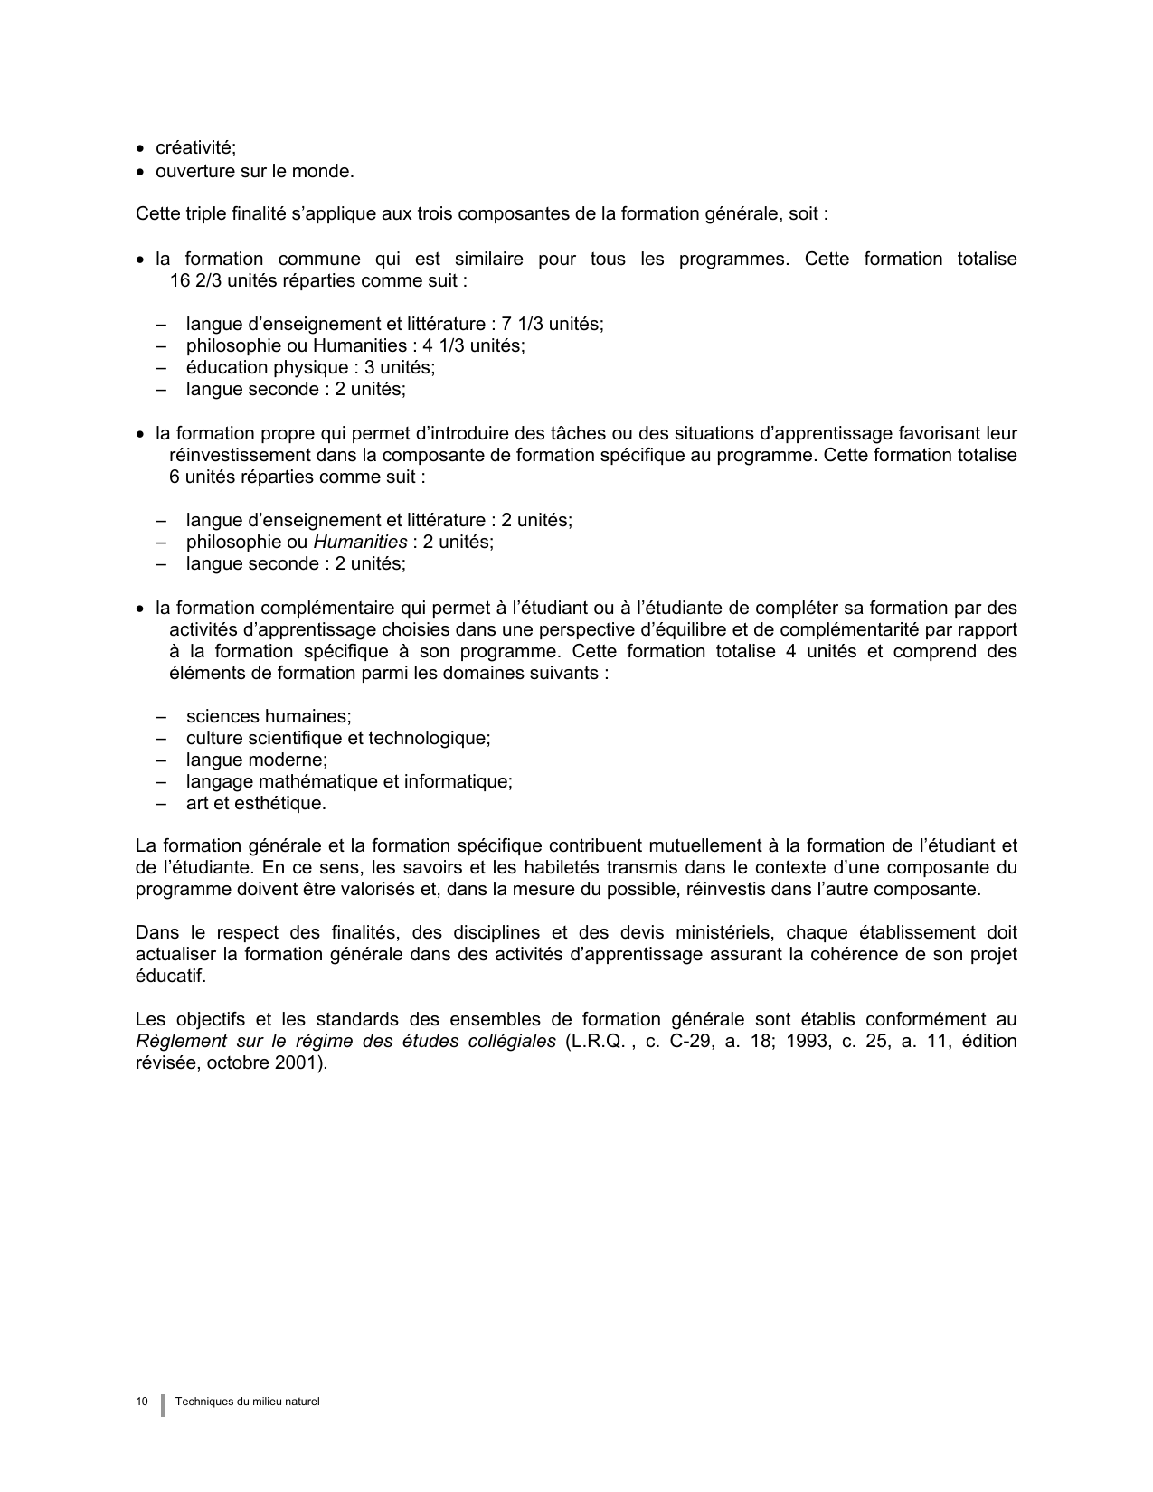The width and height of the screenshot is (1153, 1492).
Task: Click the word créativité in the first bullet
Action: (x=195, y=148)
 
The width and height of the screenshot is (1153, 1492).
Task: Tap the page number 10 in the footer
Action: (x=142, y=1402)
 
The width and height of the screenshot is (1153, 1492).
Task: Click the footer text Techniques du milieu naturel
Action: (x=248, y=1402)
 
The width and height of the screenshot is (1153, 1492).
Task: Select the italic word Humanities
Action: (x=360, y=542)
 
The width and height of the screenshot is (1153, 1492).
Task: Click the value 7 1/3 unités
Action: (x=552, y=324)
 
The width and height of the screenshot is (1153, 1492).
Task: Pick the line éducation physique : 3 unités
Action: (x=310, y=367)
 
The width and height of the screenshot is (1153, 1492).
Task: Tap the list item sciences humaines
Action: (x=269, y=716)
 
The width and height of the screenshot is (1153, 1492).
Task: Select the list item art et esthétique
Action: (x=256, y=803)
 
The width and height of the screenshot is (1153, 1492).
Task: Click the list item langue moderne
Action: (x=257, y=760)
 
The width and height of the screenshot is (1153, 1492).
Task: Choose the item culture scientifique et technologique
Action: (x=338, y=738)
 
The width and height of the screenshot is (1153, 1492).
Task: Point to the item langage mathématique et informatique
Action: (x=349, y=781)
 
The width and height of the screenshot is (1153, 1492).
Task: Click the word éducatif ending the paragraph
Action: (x=171, y=977)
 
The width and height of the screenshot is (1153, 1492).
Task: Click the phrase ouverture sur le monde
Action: (x=254, y=171)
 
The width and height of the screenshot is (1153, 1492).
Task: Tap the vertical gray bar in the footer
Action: (x=163, y=1404)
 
